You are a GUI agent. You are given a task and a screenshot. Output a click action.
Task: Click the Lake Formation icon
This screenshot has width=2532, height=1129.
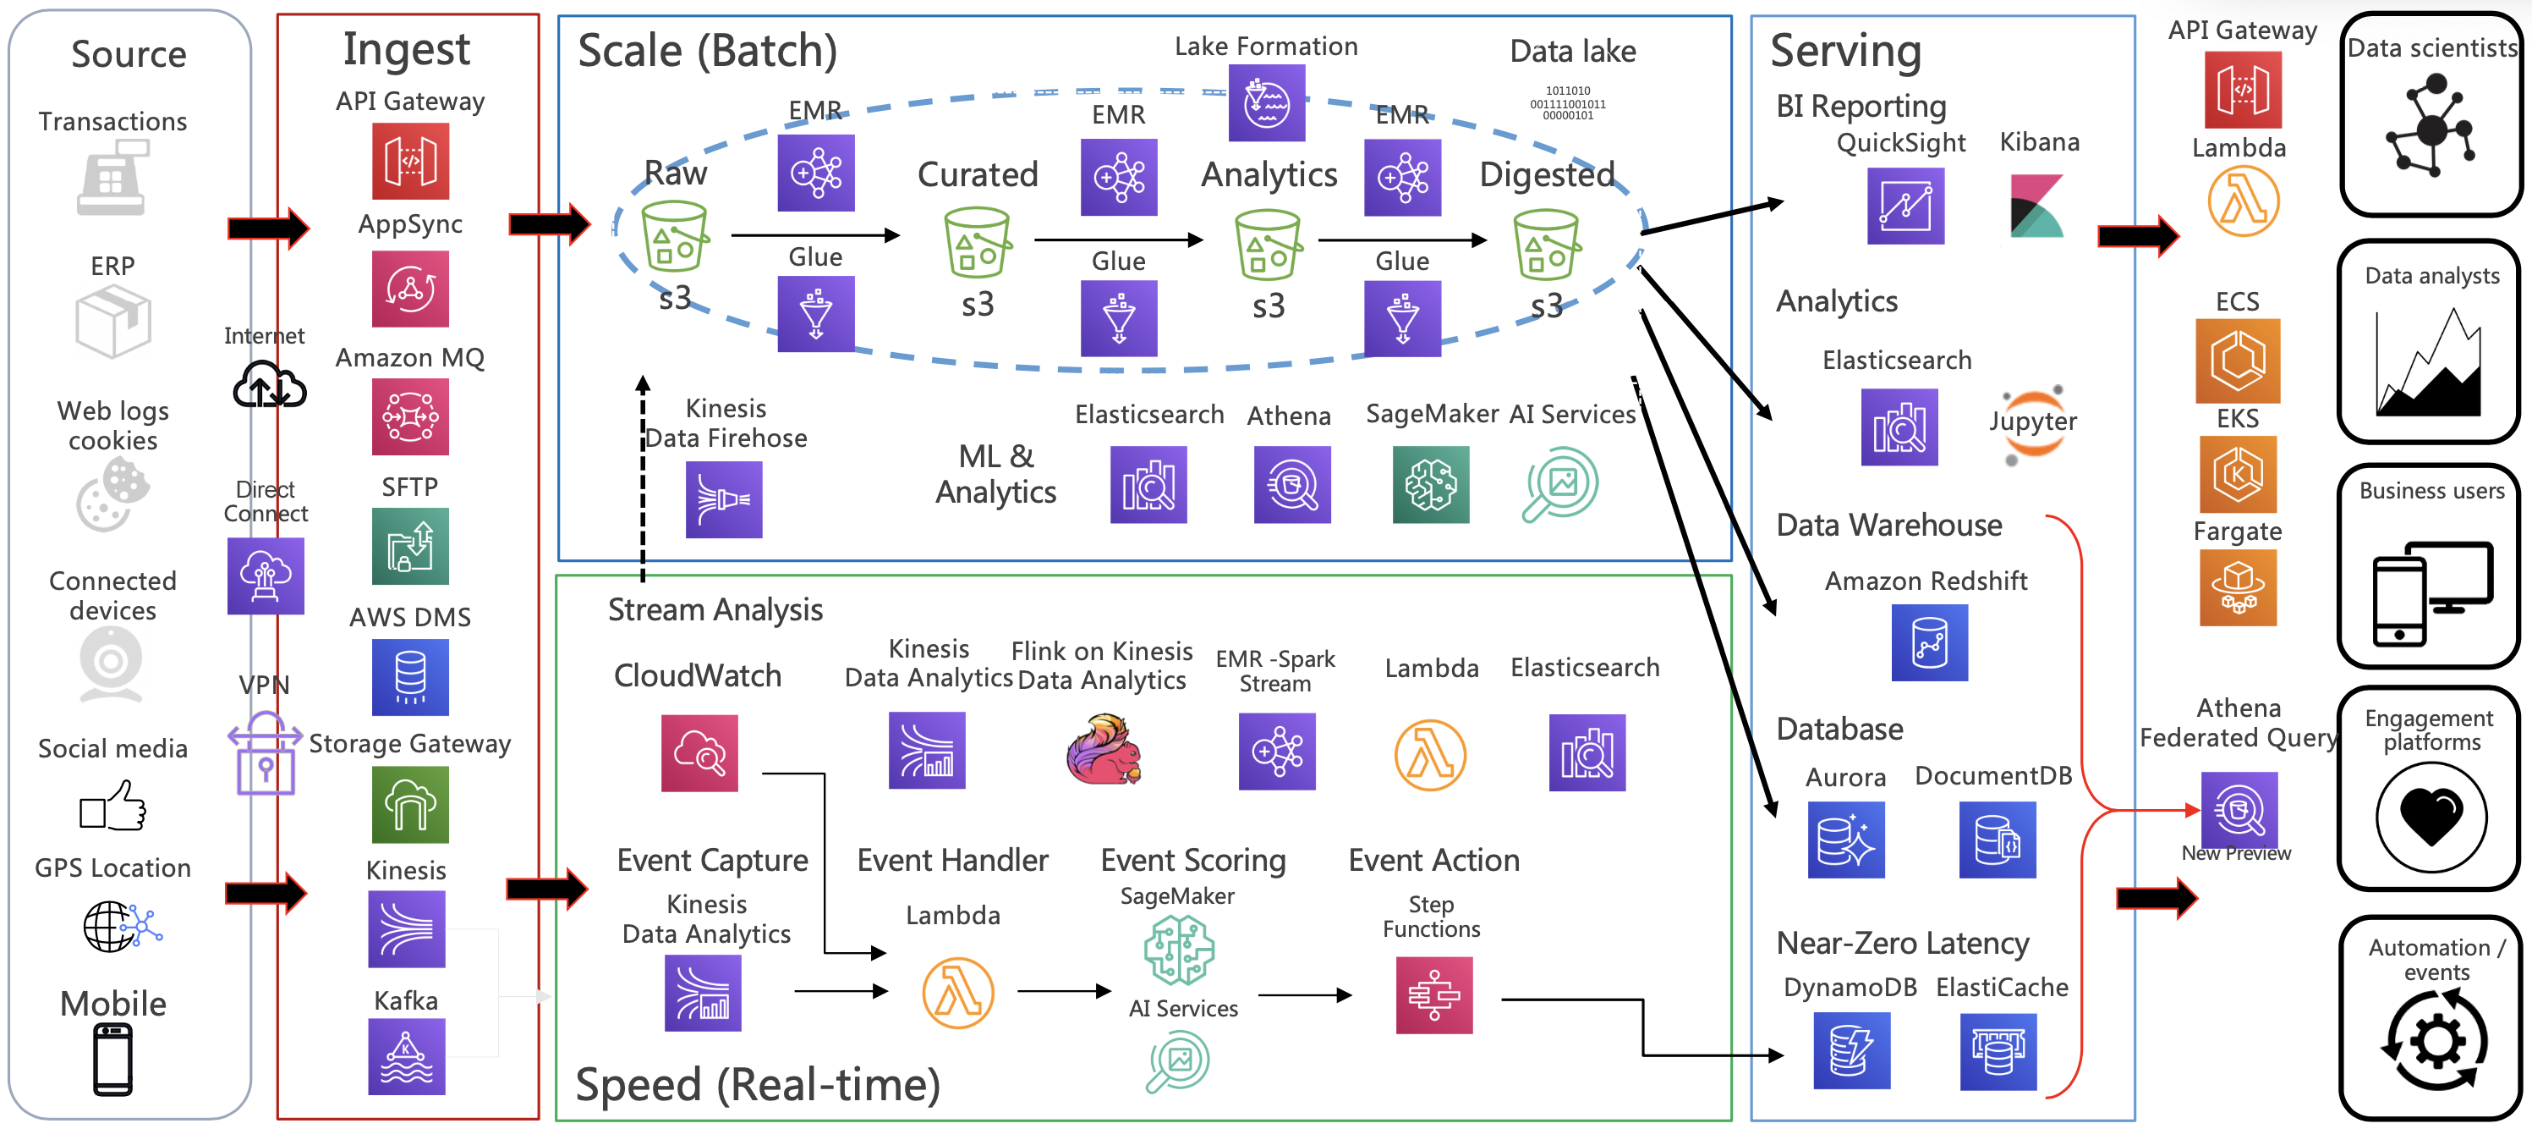(1266, 102)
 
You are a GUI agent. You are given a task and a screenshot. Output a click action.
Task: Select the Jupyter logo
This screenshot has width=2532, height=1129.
(2033, 425)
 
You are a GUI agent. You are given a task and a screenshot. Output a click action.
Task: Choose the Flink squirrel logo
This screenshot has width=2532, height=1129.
(1104, 749)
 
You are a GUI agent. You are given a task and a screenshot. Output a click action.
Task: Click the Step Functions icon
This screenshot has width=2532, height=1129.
(1433, 994)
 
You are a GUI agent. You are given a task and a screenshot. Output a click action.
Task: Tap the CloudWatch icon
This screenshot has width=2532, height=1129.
(699, 752)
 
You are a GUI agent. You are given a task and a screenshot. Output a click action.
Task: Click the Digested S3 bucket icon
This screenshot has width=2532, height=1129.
(1546, 245)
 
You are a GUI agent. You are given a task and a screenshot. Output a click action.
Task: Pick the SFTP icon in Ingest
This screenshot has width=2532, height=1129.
(410, 546)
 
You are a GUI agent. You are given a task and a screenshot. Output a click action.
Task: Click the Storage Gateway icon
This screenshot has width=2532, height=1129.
(410, 805)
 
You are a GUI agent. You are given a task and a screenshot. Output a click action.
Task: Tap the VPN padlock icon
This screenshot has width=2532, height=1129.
(265, 753)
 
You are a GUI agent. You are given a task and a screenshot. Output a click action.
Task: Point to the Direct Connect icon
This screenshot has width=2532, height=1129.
(266, 576)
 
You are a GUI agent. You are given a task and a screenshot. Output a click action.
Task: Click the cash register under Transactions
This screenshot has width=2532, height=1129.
(112, 177)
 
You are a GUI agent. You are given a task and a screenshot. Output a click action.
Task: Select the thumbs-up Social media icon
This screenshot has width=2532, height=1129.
(113, 806)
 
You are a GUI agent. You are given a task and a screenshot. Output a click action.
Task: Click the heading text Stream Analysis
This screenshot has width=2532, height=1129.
(715, 609)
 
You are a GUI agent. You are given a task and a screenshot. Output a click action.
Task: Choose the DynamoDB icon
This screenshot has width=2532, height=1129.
(1851, 1050)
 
